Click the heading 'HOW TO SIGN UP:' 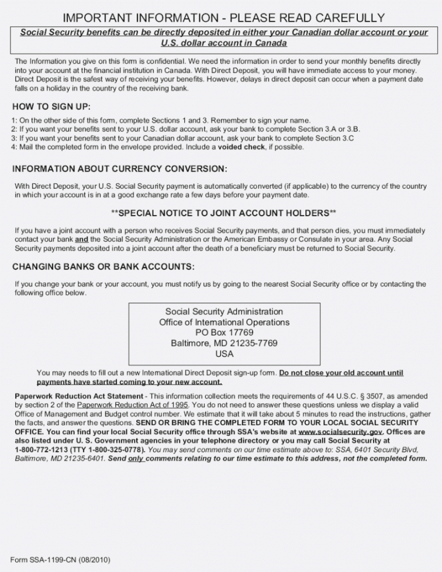[51, 107]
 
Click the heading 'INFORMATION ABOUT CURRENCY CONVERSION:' [119, 169]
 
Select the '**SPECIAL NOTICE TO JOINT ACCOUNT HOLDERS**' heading [224, 213]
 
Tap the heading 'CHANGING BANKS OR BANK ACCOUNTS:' [103, 267]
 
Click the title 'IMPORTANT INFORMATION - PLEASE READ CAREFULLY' [223, 18]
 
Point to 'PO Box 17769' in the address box [224, 332]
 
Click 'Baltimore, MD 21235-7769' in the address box [224, 343]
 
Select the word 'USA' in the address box [224, 353]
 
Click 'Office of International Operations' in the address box [224, 322]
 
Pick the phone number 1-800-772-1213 [39, 450]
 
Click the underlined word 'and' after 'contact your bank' [81, 239]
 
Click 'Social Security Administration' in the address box [224, 311]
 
